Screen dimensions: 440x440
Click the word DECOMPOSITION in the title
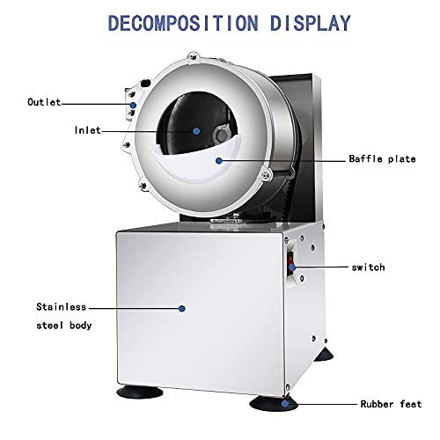[x=183, y=23]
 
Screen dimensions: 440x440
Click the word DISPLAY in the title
[x=311, y=23]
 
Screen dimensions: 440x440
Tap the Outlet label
[x=44, y=102]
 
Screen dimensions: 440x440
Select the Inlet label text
[x=87, y=130]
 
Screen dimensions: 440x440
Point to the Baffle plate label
[x=382, y=158]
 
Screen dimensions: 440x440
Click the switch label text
[x=368, y=268]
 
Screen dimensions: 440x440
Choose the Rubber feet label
[x=391, y=404]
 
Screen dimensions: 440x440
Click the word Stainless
[x=61, y=307]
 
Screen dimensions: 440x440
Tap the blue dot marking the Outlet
[x=133, y=105]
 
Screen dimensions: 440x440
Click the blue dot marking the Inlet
[x=196, y=131]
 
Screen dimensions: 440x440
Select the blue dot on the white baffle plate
[x=218, y=160]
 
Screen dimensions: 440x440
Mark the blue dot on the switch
[x=292, y=267]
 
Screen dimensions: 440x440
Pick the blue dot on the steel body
[x=182, y=308]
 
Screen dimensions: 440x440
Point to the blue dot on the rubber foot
[x=284, y=404]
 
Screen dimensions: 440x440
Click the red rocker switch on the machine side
[x=290, y=264]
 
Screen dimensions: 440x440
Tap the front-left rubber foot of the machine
[x=139, y=392]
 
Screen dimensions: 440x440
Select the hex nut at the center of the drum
[x=222, y=135]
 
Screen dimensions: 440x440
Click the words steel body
[x=64, y=326]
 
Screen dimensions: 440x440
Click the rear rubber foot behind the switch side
[x=324, y=355]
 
